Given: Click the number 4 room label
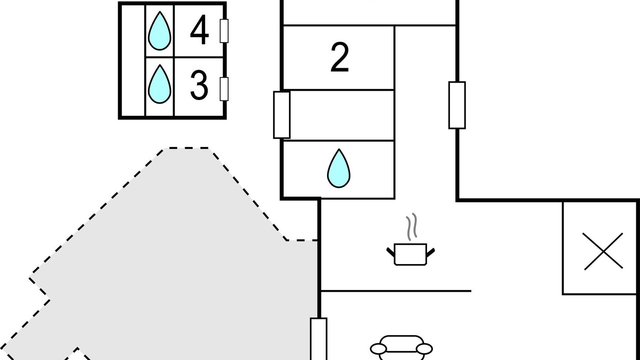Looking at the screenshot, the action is (x=199, y=30).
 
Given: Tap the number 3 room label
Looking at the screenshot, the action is (x=199, y=85).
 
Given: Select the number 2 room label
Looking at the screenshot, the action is (x=339, y=57).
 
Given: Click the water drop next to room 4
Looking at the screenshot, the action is (x=159, y=31).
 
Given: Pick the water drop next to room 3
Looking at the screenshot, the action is (x=159, y=84).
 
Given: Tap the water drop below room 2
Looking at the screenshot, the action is (x=339, y=168).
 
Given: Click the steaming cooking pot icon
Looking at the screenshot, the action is (x=410, y=239).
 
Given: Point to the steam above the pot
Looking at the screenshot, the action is (x=411, y=226).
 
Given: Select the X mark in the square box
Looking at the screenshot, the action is (x=603, y=251).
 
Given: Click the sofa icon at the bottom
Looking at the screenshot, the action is (x=401, y=347).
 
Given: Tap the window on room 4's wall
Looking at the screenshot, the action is (x=224, y=31).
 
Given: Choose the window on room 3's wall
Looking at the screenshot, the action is (x=224, y=89).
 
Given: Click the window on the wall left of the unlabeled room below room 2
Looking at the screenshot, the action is (x=281, y=115).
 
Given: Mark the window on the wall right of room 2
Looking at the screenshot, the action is (x=457, y=105).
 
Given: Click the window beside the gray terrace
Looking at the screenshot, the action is (x=319, y=339).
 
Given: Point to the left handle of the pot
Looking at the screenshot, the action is (x=390, y=251).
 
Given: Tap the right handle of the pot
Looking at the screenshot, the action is (x=431, y=251).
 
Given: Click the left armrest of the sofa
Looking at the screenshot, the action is (x=378, y=349).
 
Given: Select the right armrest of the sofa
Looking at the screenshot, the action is (x=424, y=349).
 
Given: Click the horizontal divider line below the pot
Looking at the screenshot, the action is (x=396, y=291).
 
